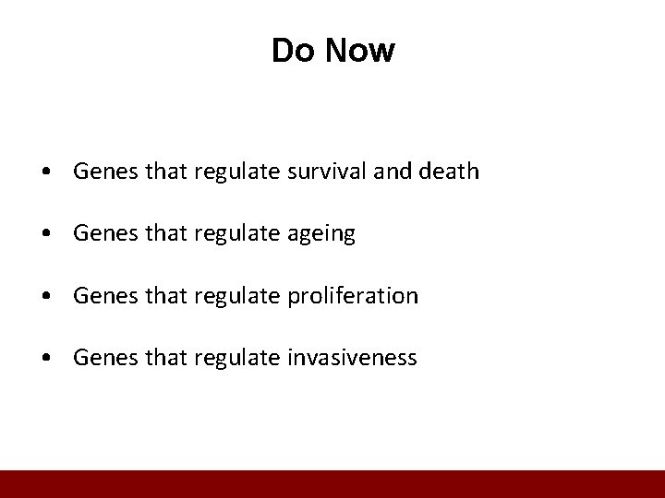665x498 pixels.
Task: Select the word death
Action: click(448, 172)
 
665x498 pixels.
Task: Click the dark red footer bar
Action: click(332, 484)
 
